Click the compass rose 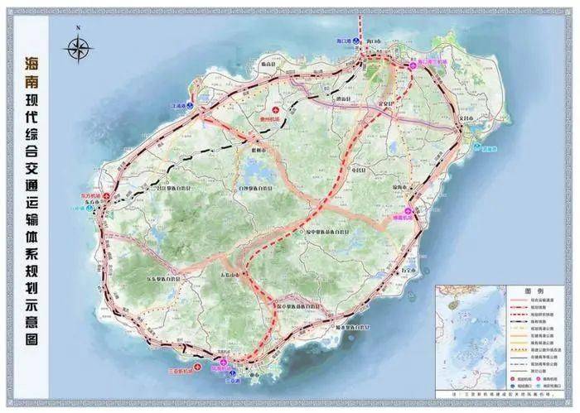click(79, 47)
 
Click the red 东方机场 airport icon click(105, 199)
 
